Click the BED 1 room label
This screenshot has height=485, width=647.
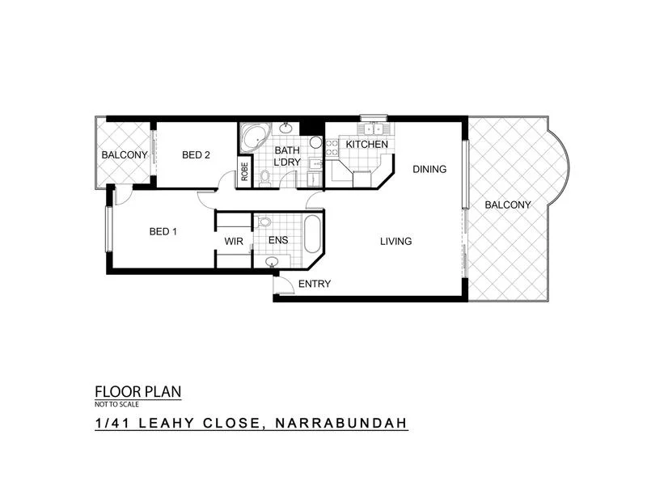click(163, 232)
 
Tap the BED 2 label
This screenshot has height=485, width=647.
click(196, 155)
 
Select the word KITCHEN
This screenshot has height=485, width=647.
click(366, 145)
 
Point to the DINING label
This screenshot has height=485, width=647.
click(429, 169)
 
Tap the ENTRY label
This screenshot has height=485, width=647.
click(314, 284)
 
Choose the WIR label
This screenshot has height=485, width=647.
click(234, 241)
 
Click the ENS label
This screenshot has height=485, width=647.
click(277, 241)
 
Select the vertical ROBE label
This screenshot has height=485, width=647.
click(243, 172)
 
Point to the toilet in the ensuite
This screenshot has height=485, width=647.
click(264, 221)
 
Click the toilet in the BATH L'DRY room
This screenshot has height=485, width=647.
click(264, 177)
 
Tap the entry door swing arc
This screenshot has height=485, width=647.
click(283, 282)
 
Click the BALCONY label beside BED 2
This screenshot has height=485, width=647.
click(124, 155)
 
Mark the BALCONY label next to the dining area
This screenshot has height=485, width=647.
click(508, 205)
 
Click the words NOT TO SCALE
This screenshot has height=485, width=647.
click(114, 403)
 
